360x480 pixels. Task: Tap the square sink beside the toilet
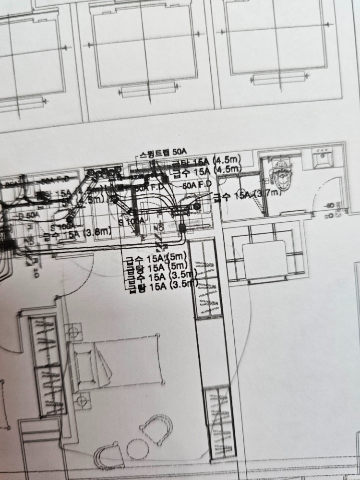coord(324,159)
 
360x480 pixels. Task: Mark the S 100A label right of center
coord(132,220)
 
